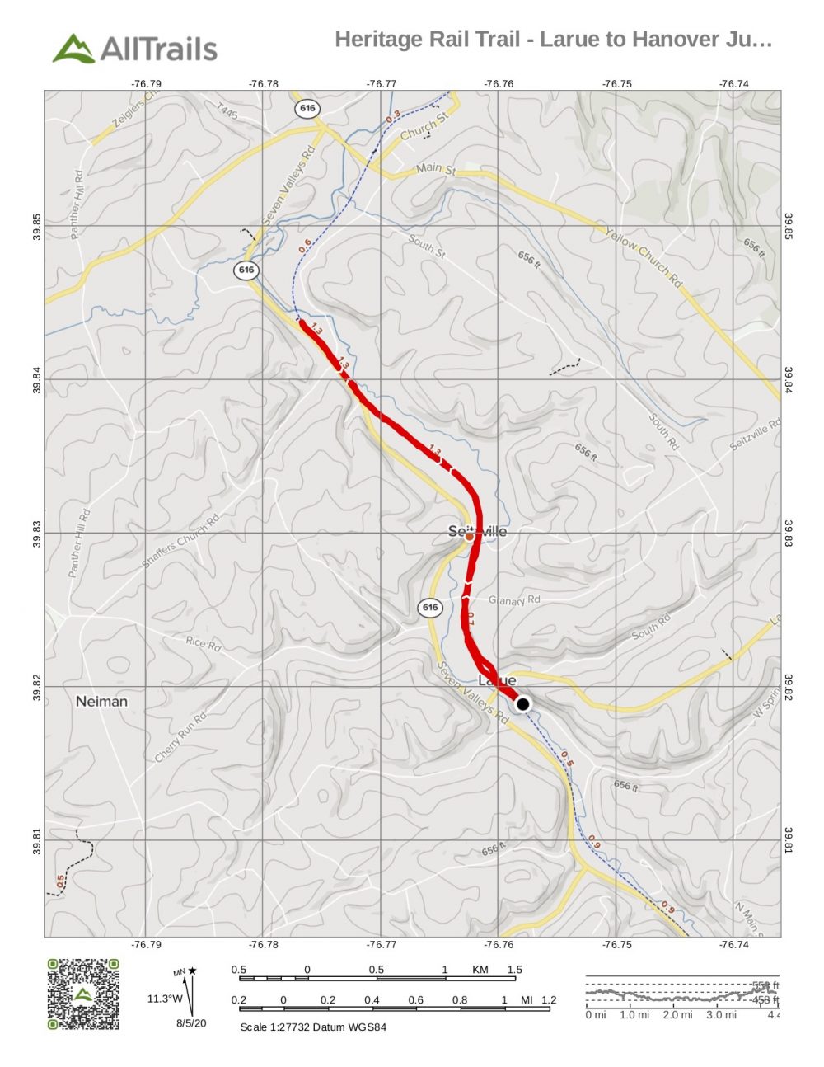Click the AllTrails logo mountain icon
pyautogui.click(x=73, y=49)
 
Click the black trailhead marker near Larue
pyautogui.click(x=522, y=704)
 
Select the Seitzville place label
pyautogui.click(x=478, y=532)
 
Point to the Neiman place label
pyautogui.click(x=101, y=702)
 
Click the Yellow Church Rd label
pyautogui.click(x=644, y=257)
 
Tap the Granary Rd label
pyautogui.click(x=514, y=599)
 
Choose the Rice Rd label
pyautogui.click(x=204, y=643)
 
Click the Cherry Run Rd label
pyautogui.click(x=180, y=737)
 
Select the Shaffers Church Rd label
pyautogui.click(x=180, y=541)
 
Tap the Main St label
pyautogui.click(x=435, y=168)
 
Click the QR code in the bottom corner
pyautogui.click(x=82, y=994)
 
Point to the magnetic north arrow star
pyautogui.click(x=193, y=971)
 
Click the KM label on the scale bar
pyautogui.click(x=480, y=970)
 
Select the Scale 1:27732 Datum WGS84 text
pyautogui.click(x=312, y=1027)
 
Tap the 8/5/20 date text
pyautogui.click(x=191, y=1023)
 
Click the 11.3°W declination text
pyautogui.click(x=165, y=999)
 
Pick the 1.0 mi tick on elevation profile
pyautogui.click(x=633, y=1015)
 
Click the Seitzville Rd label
pyautogui.click(x=755, y=435)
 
